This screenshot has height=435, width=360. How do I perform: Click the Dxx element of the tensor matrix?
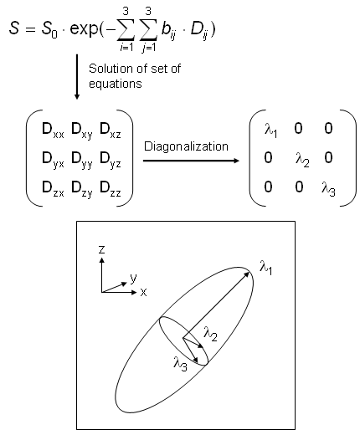(53, 130)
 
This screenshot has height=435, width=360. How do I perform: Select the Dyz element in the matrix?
(111, 160)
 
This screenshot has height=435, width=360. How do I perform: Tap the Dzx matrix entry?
(53, 189)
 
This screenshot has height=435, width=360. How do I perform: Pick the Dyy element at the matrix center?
(82, 160)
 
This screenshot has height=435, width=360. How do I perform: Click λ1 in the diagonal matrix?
(271, 130)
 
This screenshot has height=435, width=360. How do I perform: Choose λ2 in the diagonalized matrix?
(302, 160)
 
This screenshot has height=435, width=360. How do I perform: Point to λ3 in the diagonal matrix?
(328, 189)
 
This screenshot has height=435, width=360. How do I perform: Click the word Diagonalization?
(186, 146)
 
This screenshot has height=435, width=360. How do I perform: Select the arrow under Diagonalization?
(191, 161)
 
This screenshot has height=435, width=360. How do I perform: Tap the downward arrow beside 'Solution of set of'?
(77, 77)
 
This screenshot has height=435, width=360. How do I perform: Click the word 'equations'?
(116, 84)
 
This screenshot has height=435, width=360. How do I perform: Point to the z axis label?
(102, 249)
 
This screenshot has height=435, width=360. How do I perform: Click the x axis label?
(143, 292)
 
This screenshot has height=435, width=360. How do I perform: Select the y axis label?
(133, 279)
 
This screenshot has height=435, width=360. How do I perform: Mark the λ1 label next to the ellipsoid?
(266, 268)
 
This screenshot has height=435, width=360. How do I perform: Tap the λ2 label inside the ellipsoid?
(210, 334)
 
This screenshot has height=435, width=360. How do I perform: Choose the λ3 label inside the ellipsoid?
(180, 364)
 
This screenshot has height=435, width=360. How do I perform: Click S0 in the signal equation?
(49, 29)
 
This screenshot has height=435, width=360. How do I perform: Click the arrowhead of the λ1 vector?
(247, 274)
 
